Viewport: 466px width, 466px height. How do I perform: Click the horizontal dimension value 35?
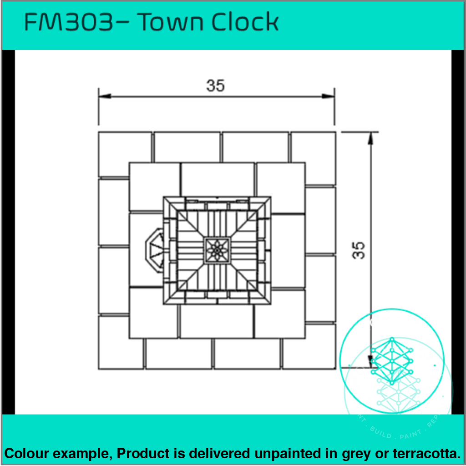(x=216, y=86)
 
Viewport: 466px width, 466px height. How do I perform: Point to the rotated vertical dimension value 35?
(x=359, y=250)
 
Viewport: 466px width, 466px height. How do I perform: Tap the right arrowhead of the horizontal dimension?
(x=329, y=96)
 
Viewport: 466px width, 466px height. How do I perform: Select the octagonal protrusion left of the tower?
(x=154, y=250)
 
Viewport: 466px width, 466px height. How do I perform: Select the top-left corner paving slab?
(x=125, y=154)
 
